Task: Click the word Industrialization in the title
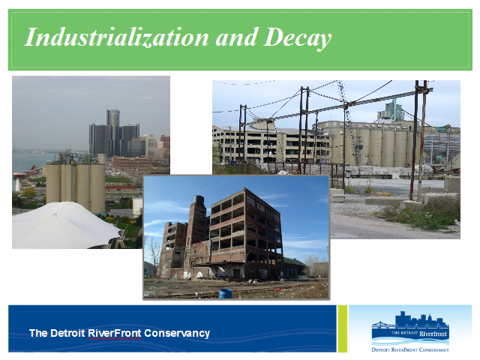pyautogui.click(x=117, y=37)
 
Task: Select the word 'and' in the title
pyautogui.click(x=237, y=37)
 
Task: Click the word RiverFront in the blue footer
pyautogui.click(x=115, y=333)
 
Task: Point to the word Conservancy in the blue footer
pyautogui.click(x=177, y=333)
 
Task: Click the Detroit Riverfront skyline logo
pyautogui.click(x=410, y=328)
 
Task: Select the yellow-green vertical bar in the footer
pyautogui.click(x=343, y=328)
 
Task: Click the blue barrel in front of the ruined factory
pyautogui.click(x=225, y=293)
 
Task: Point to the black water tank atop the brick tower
pyautogui.click(x=199, y=200)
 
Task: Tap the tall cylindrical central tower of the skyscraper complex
pyautogui.click(x=113, y=132)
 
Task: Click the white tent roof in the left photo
pyautogui.click(x=66, y=225)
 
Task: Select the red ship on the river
pyautogui.click(x=19, y=175)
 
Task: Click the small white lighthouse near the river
pyautogui.click(x=17, y=185)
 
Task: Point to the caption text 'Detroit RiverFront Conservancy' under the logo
pyautogui.click(x=410, y=349)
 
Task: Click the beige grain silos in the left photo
pyautogui.click(x=75, y=184)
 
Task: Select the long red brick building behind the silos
pyautogui.click(x=132, y=162)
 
